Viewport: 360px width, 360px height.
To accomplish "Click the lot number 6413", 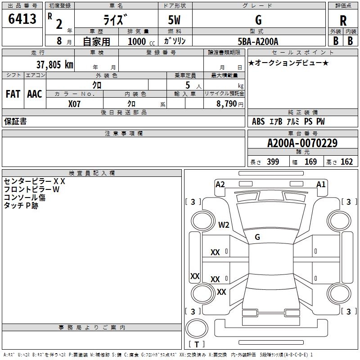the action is click(x=22, y=18).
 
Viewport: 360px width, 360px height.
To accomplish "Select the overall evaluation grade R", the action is click(x=343, y=21).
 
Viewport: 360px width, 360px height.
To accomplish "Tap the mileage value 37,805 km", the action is click(x=54, y=65).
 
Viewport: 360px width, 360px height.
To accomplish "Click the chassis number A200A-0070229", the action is click(x=302, y=143).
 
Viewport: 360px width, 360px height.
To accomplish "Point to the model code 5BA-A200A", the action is click(x=258, y=41).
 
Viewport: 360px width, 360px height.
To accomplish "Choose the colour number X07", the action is click(x=74, y=104).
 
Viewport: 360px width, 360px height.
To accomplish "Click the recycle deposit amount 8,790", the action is click(x=227, y=104).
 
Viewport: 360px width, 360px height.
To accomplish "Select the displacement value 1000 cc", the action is click(x=141, y=41).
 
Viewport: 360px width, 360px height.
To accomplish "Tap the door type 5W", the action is click(x=174, y=20).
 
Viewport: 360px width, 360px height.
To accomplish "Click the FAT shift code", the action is click(x=13, y=94).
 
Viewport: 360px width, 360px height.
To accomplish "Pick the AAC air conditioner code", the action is click(x=35, y=94).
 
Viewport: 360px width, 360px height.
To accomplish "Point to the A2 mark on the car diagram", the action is click(x=220, y=184).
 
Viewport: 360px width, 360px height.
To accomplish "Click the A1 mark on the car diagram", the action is click(x=321, y=184).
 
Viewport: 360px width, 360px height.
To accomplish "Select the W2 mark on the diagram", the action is click(x=224, y=225).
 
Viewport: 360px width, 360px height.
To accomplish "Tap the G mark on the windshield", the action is click(x=257, y=237).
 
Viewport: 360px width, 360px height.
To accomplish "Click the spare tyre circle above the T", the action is click(x=197, y=328).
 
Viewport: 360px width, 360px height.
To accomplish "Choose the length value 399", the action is click(x=273, y=162).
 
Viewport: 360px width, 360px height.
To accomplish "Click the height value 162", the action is click(x=346, y=162).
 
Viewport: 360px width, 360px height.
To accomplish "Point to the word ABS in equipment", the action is click(x=258, y=121).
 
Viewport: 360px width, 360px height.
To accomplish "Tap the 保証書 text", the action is click(x=15, y=121).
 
